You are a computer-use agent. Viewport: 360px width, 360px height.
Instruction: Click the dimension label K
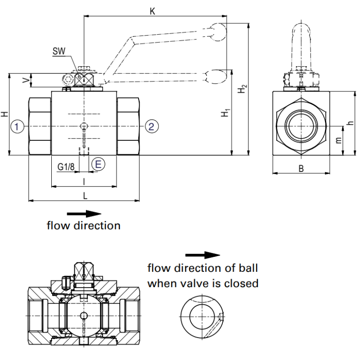pos(153,11)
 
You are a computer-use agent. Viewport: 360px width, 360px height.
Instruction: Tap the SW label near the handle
pos(59,51)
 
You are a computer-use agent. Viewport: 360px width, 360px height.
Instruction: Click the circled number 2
pos(151,126)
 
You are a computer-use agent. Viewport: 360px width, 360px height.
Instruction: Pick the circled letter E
pos(98,164)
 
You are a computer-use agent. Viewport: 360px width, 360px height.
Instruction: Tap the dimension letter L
pos(85,195)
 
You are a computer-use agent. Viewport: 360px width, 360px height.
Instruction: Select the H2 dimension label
pos(243,89)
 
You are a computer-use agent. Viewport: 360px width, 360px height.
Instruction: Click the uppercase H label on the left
pos(4,114)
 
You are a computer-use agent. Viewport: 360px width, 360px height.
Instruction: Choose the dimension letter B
pos(301,168)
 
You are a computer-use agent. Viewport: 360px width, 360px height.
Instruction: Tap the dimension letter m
pos(339,140)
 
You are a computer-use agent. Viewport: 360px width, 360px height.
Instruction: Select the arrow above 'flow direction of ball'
pos(209,255)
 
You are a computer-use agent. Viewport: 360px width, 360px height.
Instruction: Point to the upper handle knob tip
pos(220,30)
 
